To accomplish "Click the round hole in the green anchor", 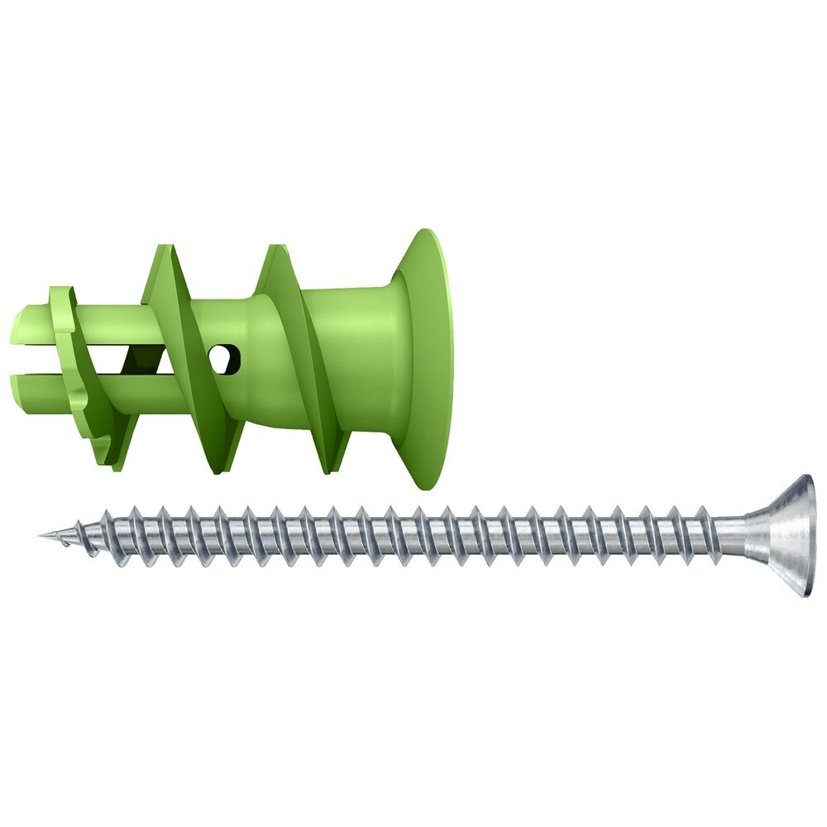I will pyautogui.click(x=224, y=357).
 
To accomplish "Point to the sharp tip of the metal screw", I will pyautogui.click(x=41, y=535).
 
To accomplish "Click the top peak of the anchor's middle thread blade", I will pyautogui.click(x=163, y=247).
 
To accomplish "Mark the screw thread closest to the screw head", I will pyautogui.click(x=703, y=533).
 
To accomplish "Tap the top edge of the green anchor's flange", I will pyautogui.click(x=426, y=233).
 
